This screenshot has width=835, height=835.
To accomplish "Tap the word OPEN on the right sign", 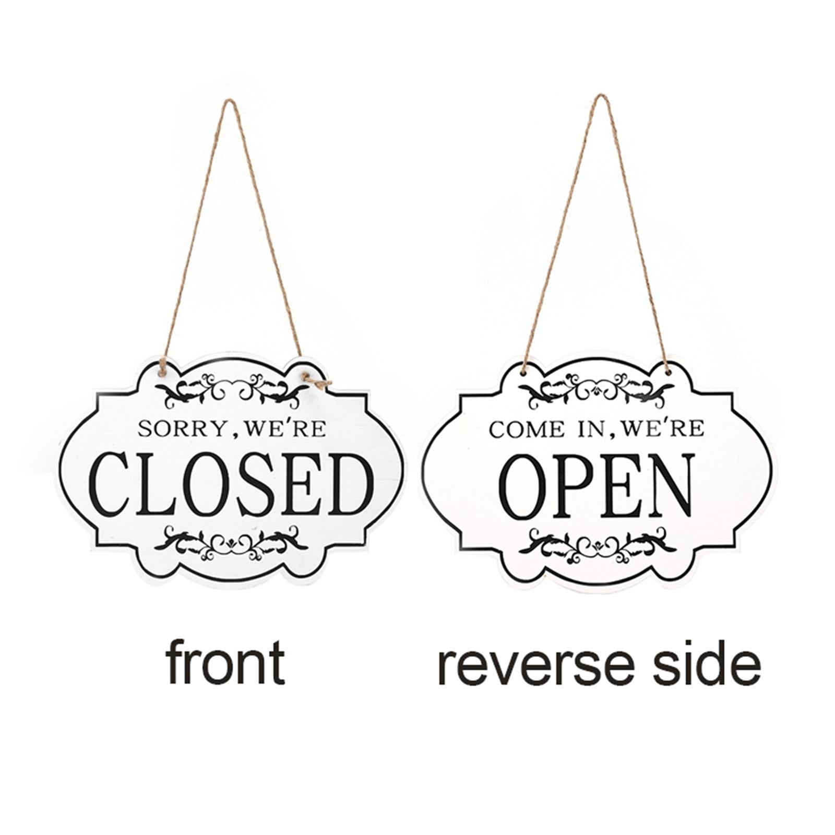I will click(597, 486).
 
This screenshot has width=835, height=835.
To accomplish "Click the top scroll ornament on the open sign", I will click(597, 389).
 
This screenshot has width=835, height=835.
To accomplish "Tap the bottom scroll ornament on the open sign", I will click(597, 544).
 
